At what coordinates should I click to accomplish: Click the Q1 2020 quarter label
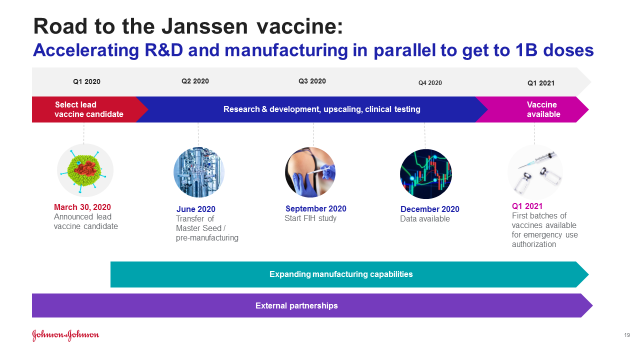coord(87,82)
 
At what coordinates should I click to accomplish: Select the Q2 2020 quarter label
coord(195,81)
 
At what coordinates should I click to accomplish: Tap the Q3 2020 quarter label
coord(312,81)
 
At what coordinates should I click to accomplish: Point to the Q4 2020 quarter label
coord(430,82)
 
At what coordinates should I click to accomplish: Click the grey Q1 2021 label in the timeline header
coord(541,83)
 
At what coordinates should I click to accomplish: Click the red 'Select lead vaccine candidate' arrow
coord(89,109)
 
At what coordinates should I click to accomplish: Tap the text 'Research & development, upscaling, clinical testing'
coord(322,109)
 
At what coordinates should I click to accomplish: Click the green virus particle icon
coord(85,170)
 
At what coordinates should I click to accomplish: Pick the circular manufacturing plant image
coord(199,172)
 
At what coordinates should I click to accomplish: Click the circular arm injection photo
coord(310,172)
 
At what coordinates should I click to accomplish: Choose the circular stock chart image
coord(426,174)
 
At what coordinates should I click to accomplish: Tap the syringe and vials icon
coord(535,172)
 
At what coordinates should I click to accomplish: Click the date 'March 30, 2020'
coord(82,207)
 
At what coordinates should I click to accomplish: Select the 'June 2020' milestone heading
coord(196,209)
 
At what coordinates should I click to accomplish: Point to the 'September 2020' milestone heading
coord(316,209)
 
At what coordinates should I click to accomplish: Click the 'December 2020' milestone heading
coord(430,209)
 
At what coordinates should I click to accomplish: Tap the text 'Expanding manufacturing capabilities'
coord(341,274)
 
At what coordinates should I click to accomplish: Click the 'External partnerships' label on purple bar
coord(297,305)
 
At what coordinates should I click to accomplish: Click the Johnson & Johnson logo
coord(66,335)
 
